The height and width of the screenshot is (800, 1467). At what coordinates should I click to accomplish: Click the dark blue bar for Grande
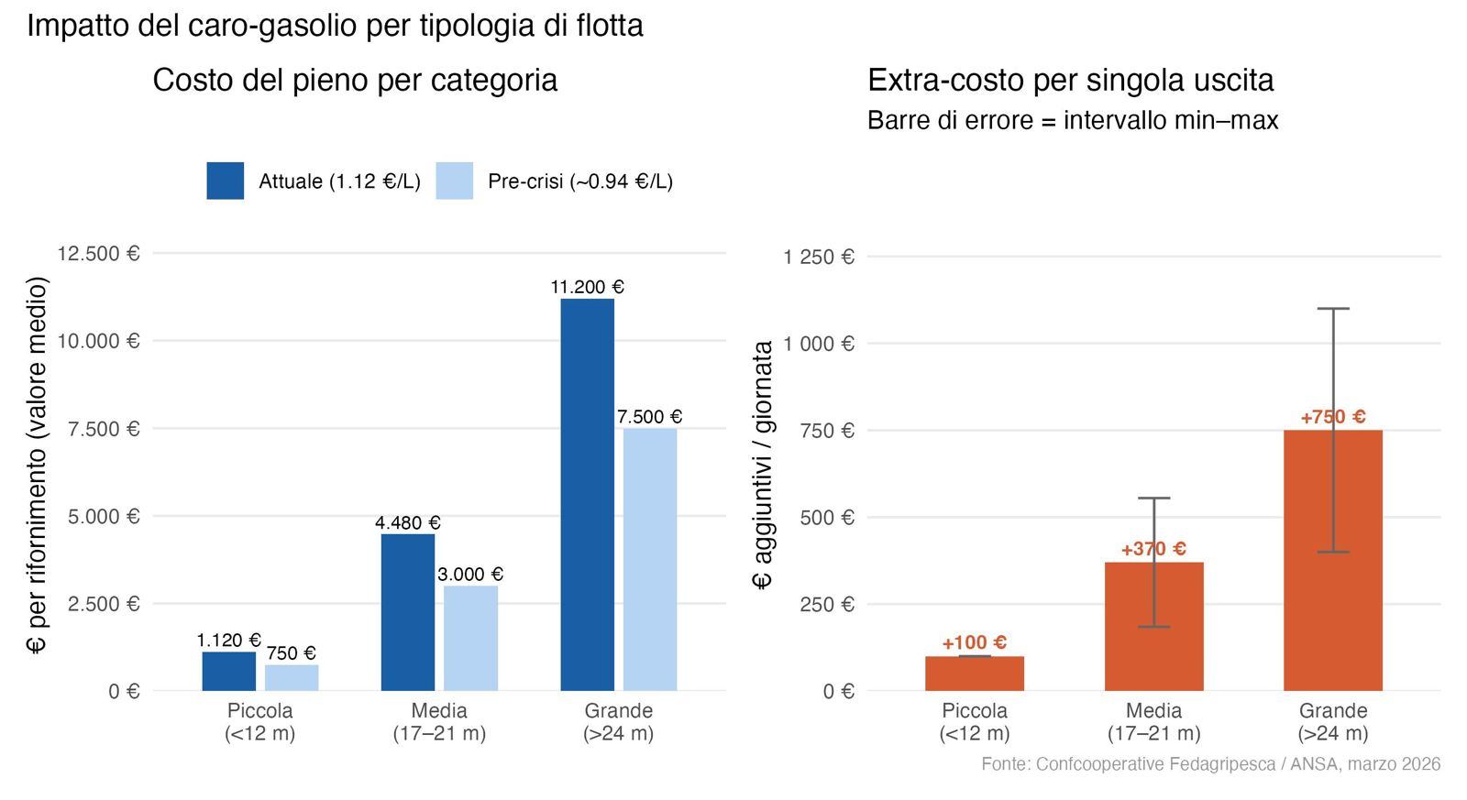(588, 495)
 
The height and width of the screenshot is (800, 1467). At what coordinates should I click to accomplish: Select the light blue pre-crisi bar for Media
(471, 639)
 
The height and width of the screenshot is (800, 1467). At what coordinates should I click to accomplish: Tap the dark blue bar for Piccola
(228, 671)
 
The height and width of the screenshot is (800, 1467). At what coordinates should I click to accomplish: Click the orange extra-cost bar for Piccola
(975, 674)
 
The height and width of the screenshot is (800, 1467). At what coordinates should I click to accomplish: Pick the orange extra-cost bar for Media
(1154, 627)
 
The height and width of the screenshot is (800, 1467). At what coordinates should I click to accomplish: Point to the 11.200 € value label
(588, 287)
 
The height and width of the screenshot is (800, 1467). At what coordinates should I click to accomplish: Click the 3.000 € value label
(470, 575)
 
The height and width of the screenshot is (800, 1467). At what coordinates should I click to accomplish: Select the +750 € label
(1333, 417)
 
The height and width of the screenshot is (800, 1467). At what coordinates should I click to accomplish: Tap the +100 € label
(975, 643)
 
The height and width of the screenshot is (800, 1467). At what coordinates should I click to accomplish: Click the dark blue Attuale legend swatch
(226, 181)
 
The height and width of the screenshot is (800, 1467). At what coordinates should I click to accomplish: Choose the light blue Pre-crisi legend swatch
(455, 181)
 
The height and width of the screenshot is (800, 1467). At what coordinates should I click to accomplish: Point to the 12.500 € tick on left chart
(98, 253)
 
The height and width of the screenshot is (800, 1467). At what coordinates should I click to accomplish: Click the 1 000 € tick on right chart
(820, 344)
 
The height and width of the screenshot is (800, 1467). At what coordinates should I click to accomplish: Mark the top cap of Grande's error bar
(1333, 308)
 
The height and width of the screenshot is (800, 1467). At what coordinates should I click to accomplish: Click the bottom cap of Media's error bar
(1154, 627)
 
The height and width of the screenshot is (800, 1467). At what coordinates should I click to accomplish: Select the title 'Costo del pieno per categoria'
(355, 81)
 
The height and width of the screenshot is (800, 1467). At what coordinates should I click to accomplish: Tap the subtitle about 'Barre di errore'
(1073, 120)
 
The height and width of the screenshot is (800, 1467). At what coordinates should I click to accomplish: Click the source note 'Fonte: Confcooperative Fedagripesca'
(1211, 764)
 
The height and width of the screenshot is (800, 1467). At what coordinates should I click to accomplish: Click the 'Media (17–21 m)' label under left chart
(439, 722)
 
